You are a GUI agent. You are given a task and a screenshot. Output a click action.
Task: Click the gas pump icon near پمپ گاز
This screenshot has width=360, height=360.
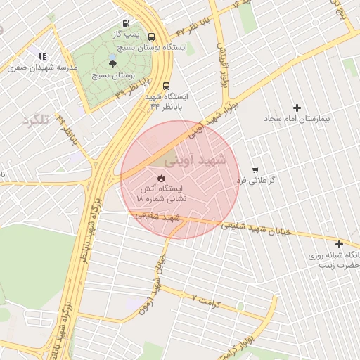click(126, 22)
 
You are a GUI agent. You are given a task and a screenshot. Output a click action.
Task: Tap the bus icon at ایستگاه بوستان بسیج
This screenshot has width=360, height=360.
click(152, 36)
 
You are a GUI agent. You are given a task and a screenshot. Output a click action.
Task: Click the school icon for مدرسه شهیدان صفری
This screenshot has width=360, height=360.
click(43, 56)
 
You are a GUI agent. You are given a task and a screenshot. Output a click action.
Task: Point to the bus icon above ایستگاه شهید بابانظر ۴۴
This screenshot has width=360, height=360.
click(165, 86)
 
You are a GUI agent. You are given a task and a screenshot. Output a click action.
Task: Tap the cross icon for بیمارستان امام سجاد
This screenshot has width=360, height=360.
click(297, 108)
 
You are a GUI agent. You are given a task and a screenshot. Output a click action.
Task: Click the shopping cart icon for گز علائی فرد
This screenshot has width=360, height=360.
click(255, 169)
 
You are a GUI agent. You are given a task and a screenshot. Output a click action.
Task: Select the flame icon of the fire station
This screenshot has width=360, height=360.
click(161, 178)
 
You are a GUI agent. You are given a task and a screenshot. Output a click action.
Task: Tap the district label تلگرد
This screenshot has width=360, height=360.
click(35, 120)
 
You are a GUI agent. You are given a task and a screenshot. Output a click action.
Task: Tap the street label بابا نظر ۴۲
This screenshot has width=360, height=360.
click(198, 25)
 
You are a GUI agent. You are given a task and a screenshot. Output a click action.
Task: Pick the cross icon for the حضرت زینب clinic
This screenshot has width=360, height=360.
click(340, 244)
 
